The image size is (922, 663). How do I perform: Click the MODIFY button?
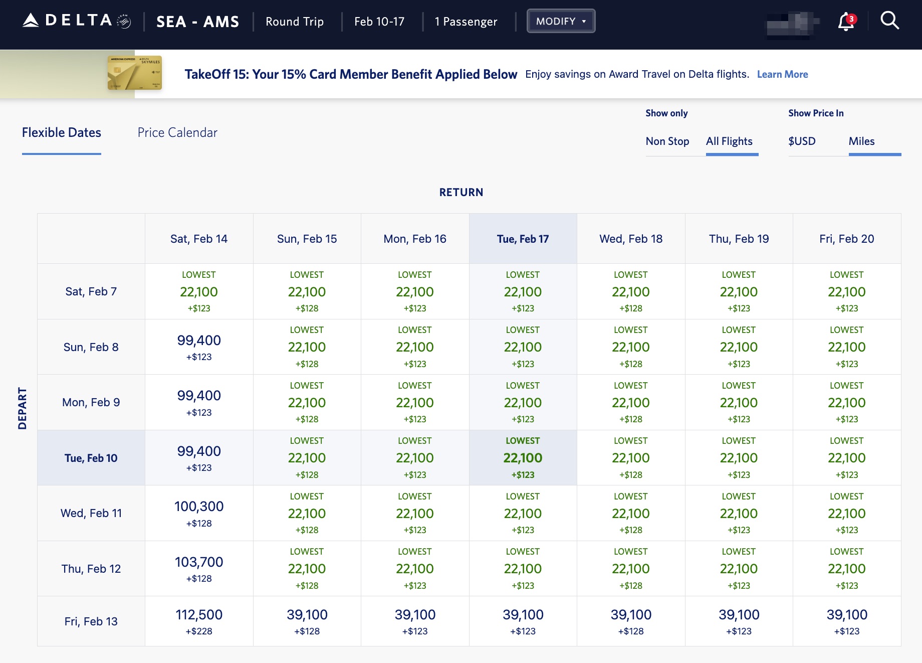point(560,21)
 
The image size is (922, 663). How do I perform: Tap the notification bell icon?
point(846,22)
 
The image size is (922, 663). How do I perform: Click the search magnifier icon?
point(889,21)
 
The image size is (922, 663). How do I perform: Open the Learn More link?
point(782,74)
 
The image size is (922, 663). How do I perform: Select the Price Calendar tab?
point(177,132)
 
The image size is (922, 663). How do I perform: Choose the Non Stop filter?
point(667,141)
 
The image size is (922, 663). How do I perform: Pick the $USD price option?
point(802,141)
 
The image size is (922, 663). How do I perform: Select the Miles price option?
point(861,141)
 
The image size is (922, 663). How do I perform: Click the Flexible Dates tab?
point(62,132)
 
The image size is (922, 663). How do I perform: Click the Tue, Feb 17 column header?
point(523,239)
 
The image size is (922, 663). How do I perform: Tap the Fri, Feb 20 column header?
point(846,239)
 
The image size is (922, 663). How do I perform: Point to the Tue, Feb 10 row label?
point(91,458)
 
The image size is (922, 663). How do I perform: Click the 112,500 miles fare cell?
point(199,621)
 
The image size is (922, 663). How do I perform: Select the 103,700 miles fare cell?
point(199,568)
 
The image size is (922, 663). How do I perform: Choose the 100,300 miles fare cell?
point(199,513)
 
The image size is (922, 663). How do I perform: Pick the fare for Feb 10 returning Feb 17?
point(523,458)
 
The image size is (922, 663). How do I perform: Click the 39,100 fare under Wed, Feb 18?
point(631,621)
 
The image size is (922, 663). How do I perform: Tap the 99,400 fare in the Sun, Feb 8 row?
point(199,347)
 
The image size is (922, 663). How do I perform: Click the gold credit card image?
point(134,73)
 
